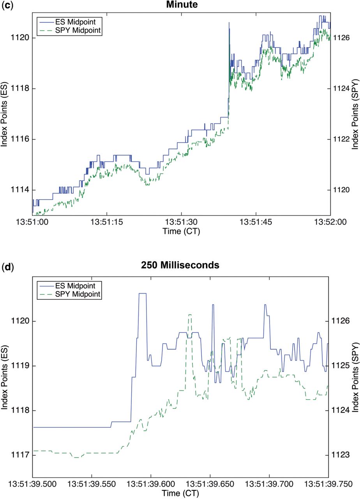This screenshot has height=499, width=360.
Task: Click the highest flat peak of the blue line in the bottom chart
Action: [142, 293]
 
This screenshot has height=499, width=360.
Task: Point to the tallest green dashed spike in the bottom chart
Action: [190, 315]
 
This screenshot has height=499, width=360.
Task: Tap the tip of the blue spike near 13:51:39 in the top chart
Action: [229, 23]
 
